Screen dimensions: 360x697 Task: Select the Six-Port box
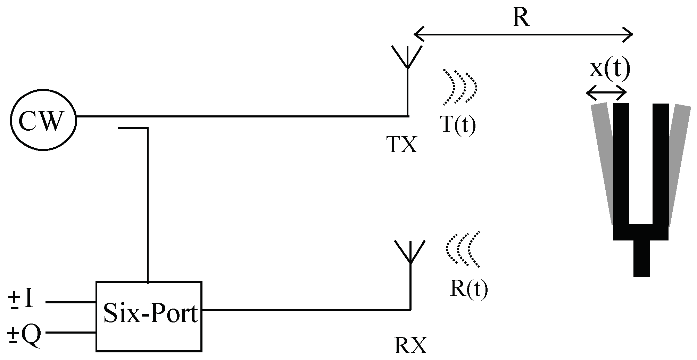(149, 316)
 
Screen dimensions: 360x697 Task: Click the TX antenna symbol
(407, 57)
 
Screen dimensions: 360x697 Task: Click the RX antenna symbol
(410, 252)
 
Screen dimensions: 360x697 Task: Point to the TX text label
(402, 145)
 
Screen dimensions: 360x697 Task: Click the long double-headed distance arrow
(523, 35)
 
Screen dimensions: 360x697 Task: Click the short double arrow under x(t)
(606, 92)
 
